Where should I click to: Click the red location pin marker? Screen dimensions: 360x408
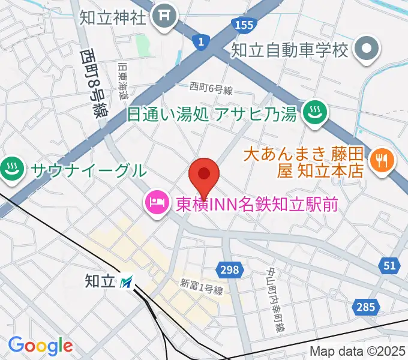click(203, 175)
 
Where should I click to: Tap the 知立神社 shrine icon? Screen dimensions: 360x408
click(163, 17)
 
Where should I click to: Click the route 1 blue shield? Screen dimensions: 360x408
click(200, 41)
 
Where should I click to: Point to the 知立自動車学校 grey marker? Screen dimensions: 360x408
click(365, 49)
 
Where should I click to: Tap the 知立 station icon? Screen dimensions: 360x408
click(127, 280)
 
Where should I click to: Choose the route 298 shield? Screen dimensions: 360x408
click(229, 270)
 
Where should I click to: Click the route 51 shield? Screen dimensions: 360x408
click(390, 265)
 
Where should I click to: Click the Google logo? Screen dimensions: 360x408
click(40, 346)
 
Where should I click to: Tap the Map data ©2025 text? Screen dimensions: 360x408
click(357, 352)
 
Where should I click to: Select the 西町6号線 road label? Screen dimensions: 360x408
click(211, 89)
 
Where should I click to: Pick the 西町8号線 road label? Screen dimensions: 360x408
click(92, 82)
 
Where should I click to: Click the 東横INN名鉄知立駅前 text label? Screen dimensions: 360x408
click(257, 204)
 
